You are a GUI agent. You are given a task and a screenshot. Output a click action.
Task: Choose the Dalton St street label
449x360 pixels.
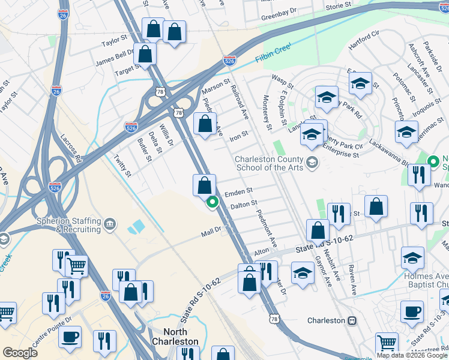tap(244, 205)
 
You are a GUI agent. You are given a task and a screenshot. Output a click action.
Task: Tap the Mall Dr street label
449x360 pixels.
tap(211, 229)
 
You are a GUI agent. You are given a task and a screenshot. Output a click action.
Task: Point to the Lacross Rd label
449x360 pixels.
tap(71, 148)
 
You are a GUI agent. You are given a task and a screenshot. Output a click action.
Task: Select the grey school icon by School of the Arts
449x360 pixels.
tap(312, 163)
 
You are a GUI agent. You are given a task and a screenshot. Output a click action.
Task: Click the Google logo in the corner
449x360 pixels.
tap(20, 353)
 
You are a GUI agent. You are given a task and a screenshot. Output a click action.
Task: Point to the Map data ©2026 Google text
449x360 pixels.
tap(411, 355)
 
